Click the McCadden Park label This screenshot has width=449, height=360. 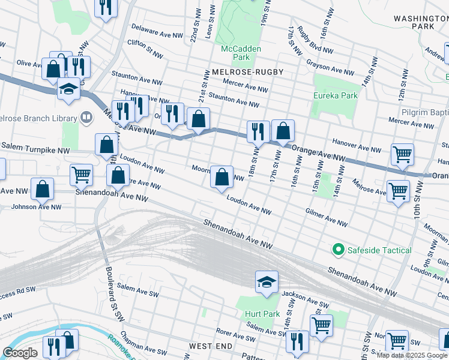coord(235,53)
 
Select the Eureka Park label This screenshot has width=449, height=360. coord(335,95)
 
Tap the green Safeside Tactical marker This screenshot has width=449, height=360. coord(338,250)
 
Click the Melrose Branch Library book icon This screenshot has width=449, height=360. coord(86,117)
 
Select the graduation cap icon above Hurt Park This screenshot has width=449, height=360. coord(267,281)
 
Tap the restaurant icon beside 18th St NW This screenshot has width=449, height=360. coord(258,130)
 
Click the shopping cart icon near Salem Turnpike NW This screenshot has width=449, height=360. coord(81,175)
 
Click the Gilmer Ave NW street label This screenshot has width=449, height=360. coord(326,218)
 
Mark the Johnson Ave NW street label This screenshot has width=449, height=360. coord(35,207)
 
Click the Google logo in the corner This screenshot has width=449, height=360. coord(20,353)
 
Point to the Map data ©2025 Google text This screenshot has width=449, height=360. coord(412,355)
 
